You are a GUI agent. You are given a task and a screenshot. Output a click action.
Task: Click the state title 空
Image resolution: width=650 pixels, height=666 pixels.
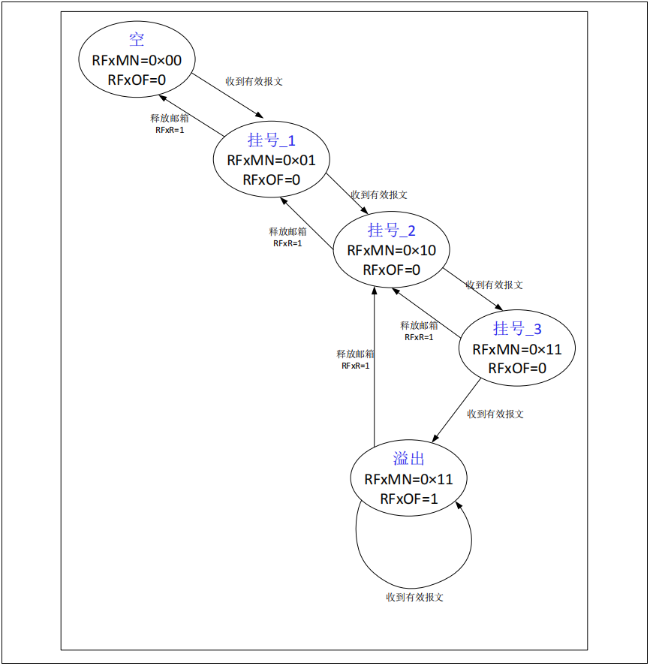coord(137,41)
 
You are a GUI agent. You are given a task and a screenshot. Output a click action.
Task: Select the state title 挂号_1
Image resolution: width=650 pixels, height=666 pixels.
coord(272,140)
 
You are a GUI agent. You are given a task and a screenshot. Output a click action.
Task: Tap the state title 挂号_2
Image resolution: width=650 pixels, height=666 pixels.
coord(392,230)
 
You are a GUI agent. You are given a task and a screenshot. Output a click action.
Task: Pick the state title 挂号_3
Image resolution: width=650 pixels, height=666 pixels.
coord(517,328)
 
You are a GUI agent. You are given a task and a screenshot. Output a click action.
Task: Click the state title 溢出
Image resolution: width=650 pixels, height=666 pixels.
coord(409,458)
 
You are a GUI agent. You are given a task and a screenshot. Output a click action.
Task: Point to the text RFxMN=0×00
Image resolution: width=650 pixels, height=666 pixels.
coord(137,61)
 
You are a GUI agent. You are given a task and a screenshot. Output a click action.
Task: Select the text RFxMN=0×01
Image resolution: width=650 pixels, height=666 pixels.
coord(272,160)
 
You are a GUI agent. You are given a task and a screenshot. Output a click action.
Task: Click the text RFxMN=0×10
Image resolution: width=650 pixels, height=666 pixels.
coord(392,250)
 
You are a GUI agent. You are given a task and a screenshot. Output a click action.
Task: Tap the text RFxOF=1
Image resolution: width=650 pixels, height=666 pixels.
coord(409,499)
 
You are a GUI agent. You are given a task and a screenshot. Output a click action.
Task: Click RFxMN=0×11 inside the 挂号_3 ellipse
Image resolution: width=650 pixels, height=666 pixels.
coord(517,348)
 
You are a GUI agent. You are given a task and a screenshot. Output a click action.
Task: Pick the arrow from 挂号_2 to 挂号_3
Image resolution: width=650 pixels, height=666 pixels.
coord(473,289)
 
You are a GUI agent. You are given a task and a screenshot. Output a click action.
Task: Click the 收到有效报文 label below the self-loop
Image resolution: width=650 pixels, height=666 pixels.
coord(415,597)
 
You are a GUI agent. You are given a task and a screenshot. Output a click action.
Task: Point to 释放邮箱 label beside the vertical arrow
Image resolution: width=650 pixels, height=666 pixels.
coord(356,354)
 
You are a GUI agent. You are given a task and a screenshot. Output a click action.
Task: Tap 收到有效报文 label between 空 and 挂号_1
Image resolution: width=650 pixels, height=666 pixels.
coord(254,81)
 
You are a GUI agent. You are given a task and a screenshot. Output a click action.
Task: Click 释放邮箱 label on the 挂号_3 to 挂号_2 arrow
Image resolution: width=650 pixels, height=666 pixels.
coord(420,325)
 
